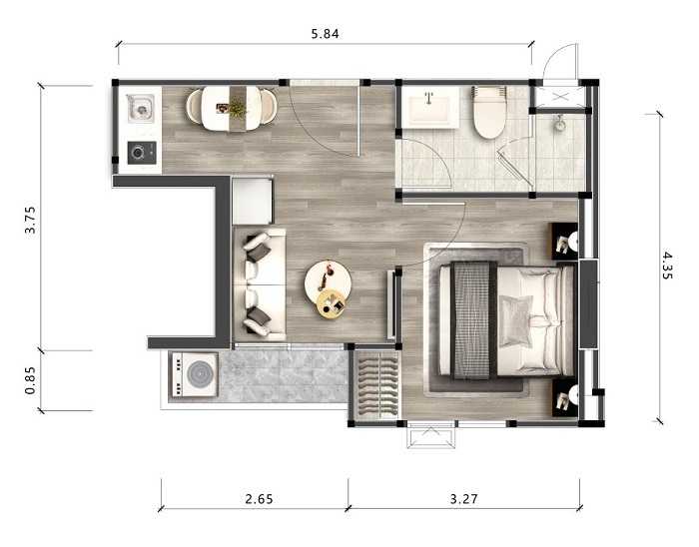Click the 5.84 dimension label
(325, 34)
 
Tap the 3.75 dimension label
(31, 220)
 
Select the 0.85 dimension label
(30, 380)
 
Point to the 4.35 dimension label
(667, 266)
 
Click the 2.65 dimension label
(259, 498)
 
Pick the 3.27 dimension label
(463, 498)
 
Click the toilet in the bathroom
(490, 112)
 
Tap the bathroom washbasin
(429, 108)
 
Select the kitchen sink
(141, 108)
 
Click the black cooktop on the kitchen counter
(142, 153)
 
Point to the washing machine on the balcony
(194, 374)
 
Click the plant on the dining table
(238, 108)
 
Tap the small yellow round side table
(332, 303)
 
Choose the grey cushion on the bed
(516, 321)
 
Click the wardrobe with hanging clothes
(376, 385)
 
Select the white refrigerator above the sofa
(253, 201)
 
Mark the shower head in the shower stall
(559, 123)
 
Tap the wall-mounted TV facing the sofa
(391, 305)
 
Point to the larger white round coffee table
(328, 281)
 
